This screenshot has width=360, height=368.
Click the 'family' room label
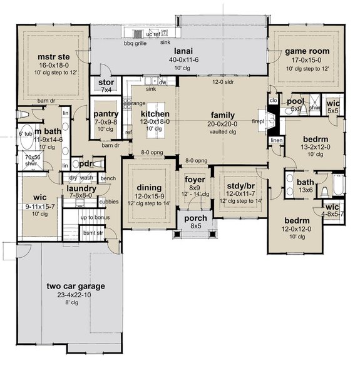(223, 115)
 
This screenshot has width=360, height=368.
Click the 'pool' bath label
(294, 100)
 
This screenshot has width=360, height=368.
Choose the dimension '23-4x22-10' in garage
(75, 295)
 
